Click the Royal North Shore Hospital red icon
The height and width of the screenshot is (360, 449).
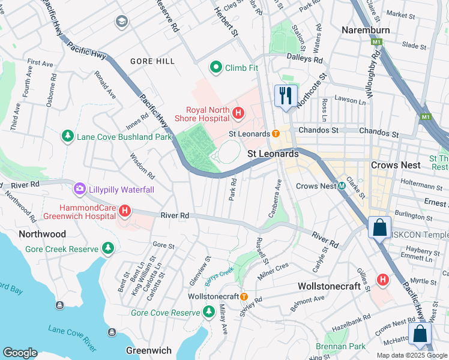(x=238, y=112)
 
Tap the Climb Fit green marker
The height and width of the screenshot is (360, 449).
(x=215, y=67)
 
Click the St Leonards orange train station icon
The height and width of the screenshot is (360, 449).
(x=276, y=134)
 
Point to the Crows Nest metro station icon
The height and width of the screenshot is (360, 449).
(x=341, y=186)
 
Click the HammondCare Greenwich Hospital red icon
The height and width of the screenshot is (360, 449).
(x=125, y=211)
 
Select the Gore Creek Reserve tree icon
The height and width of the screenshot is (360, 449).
(x=108, y=248)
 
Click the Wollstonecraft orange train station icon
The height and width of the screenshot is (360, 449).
(x=244, y=296)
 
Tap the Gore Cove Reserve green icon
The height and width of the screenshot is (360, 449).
(x=208, y=312)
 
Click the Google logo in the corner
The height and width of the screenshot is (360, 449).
(x=20, y=353)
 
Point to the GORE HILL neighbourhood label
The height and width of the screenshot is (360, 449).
(x=152, y=61)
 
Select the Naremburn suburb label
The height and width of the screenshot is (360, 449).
(x=365, y=30)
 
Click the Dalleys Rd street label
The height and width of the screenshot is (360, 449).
(x=305, y=59)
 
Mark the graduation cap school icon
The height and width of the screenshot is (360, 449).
(x=122, y=22)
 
